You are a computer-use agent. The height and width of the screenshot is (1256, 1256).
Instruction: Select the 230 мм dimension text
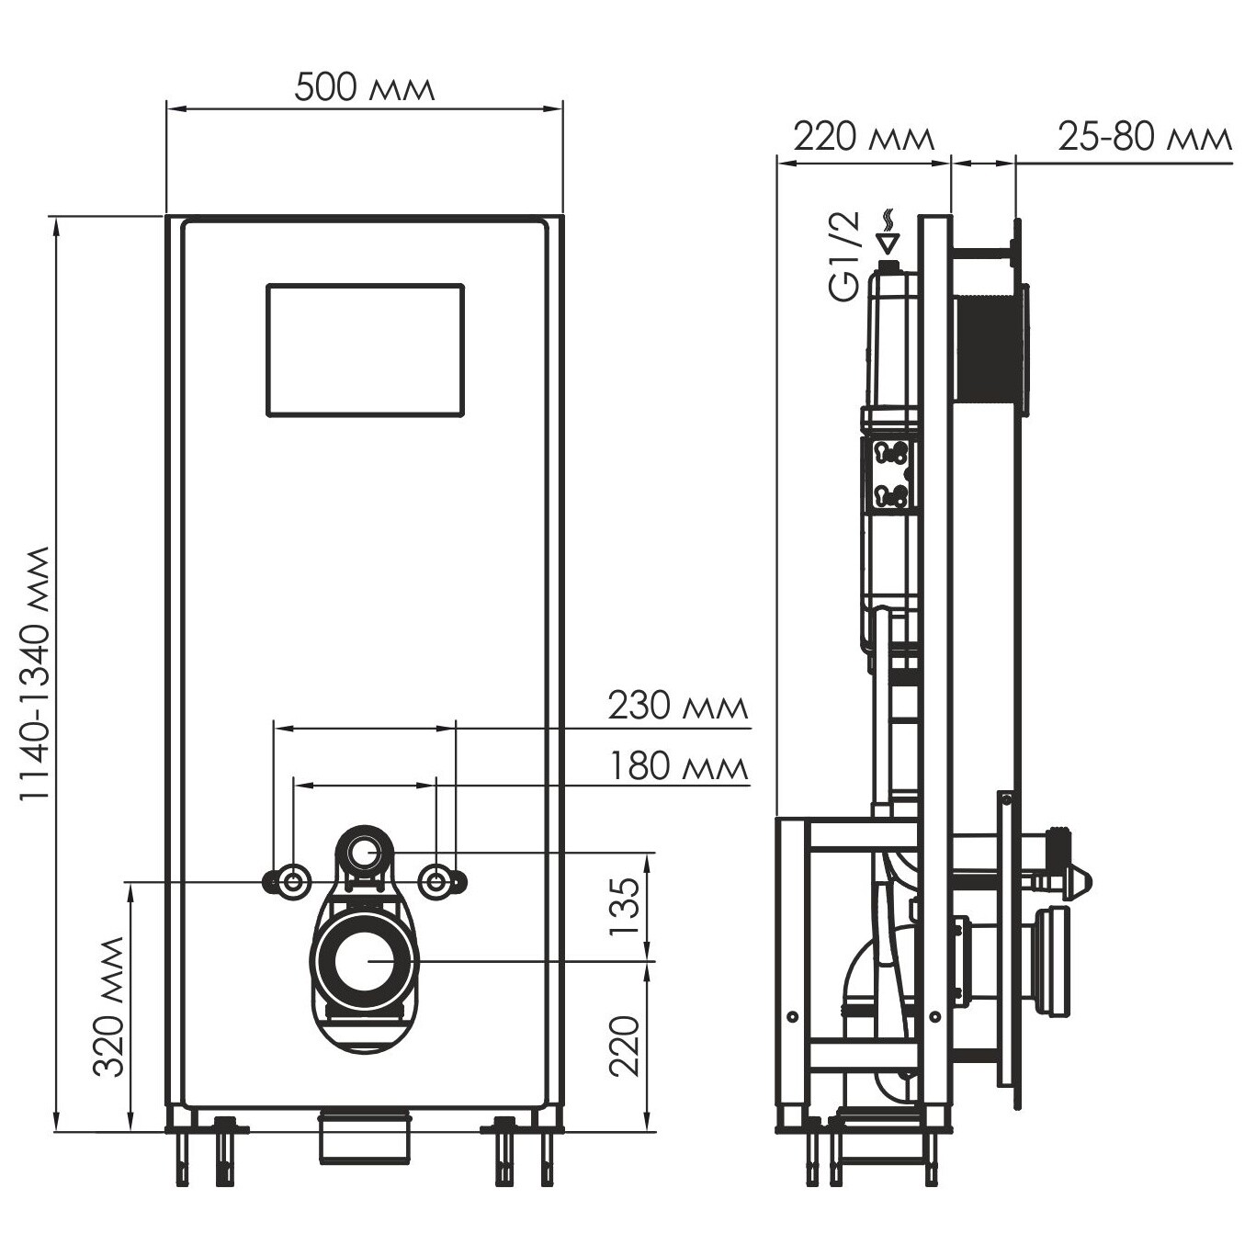point(678,705)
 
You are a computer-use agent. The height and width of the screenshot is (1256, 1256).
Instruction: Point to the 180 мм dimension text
point(678,766)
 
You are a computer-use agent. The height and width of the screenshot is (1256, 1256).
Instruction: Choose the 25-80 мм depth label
point(1145,138)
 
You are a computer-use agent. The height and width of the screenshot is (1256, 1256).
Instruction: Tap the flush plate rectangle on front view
point(366,349)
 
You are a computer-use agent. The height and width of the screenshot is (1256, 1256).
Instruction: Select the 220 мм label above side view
point(865,138)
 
